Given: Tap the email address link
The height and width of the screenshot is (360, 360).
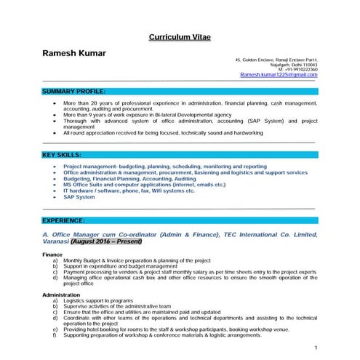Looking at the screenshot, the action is tap(278, 74).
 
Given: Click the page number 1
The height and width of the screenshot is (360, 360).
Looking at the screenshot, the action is tap(315, 348).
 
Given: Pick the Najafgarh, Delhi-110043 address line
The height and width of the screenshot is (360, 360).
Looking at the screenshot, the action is tap(292, 63).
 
